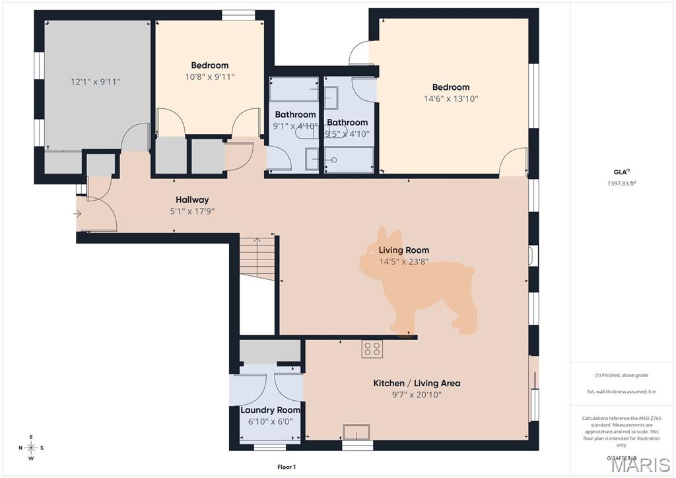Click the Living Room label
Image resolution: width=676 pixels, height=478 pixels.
click(x=403, y=250)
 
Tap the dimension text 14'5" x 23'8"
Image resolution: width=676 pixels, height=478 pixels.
click(x=403, y=261)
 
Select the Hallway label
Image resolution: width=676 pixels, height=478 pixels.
click(x=192, y=200)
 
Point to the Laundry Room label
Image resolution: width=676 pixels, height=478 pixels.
click(x=270, y=410)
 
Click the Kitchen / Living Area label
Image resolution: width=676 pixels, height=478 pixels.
click(x=417, y=383)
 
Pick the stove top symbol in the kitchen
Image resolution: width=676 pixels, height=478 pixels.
click(x=372, y=349)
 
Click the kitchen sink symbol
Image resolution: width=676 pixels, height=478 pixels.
click(x=356, y=432)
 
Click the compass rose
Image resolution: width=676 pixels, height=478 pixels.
click(x=32, y=448)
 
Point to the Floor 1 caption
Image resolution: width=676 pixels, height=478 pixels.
click(x=286, y=467)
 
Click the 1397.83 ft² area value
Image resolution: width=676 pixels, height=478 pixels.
click(x=622, y=184)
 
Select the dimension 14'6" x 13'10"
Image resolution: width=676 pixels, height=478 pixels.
click(x=451, y=98)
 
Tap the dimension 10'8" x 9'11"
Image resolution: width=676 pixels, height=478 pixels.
click(x=210, y=77)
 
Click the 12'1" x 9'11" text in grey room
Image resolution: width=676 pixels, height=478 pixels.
click(x=96, y=82)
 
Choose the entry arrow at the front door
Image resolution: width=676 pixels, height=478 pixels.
click(x=77, y=213)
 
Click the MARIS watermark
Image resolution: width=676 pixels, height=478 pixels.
click(x=640, y=465)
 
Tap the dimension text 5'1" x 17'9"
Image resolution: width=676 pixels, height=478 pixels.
click(x=192, y=211)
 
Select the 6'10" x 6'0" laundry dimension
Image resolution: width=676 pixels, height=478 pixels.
click(x=270, y=421)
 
